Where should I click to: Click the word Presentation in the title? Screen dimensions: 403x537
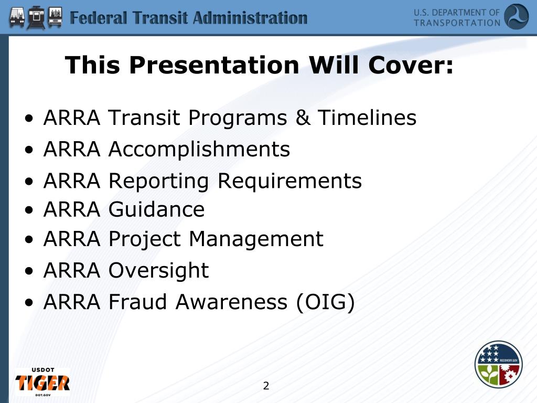click(x=214, y=66)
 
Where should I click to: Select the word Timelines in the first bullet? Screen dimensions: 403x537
click(x=367, y=118)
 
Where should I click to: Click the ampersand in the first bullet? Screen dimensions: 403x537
click(x=303, y=118)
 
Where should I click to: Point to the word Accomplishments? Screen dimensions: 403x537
click(x=199, y=150)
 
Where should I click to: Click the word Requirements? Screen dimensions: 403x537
click(x=289, y=181)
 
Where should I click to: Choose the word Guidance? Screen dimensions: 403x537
click(x=156, y=209)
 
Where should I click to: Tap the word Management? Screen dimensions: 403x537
click(x=256, y=239)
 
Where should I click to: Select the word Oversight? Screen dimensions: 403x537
click(x=158, y=271)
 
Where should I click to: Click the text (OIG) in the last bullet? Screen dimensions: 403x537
click(x=325, y=302)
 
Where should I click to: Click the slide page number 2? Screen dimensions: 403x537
click(x=266, y=386)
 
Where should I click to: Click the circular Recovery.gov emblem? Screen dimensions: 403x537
click(x=498, y=365)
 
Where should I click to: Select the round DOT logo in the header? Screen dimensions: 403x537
click(x=516, y=17)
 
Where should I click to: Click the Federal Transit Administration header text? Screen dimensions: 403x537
click(x=189, y=18)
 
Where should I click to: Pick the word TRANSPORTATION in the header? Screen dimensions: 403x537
click(x=457, y=23)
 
